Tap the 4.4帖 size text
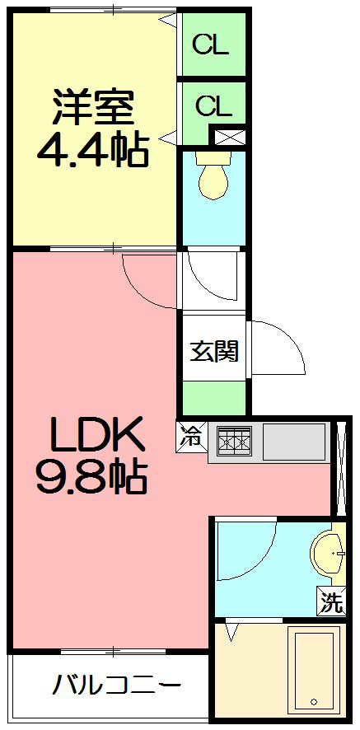click(x=92, y=150)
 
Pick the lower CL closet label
click(x=213, y=105)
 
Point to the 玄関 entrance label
click(x=214, y=351)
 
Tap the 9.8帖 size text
click(x=91, y=475)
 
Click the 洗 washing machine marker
click(x=331, y=603)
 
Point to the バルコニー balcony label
click(x=117, y=686)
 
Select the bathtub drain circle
click(x=313, y=702)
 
